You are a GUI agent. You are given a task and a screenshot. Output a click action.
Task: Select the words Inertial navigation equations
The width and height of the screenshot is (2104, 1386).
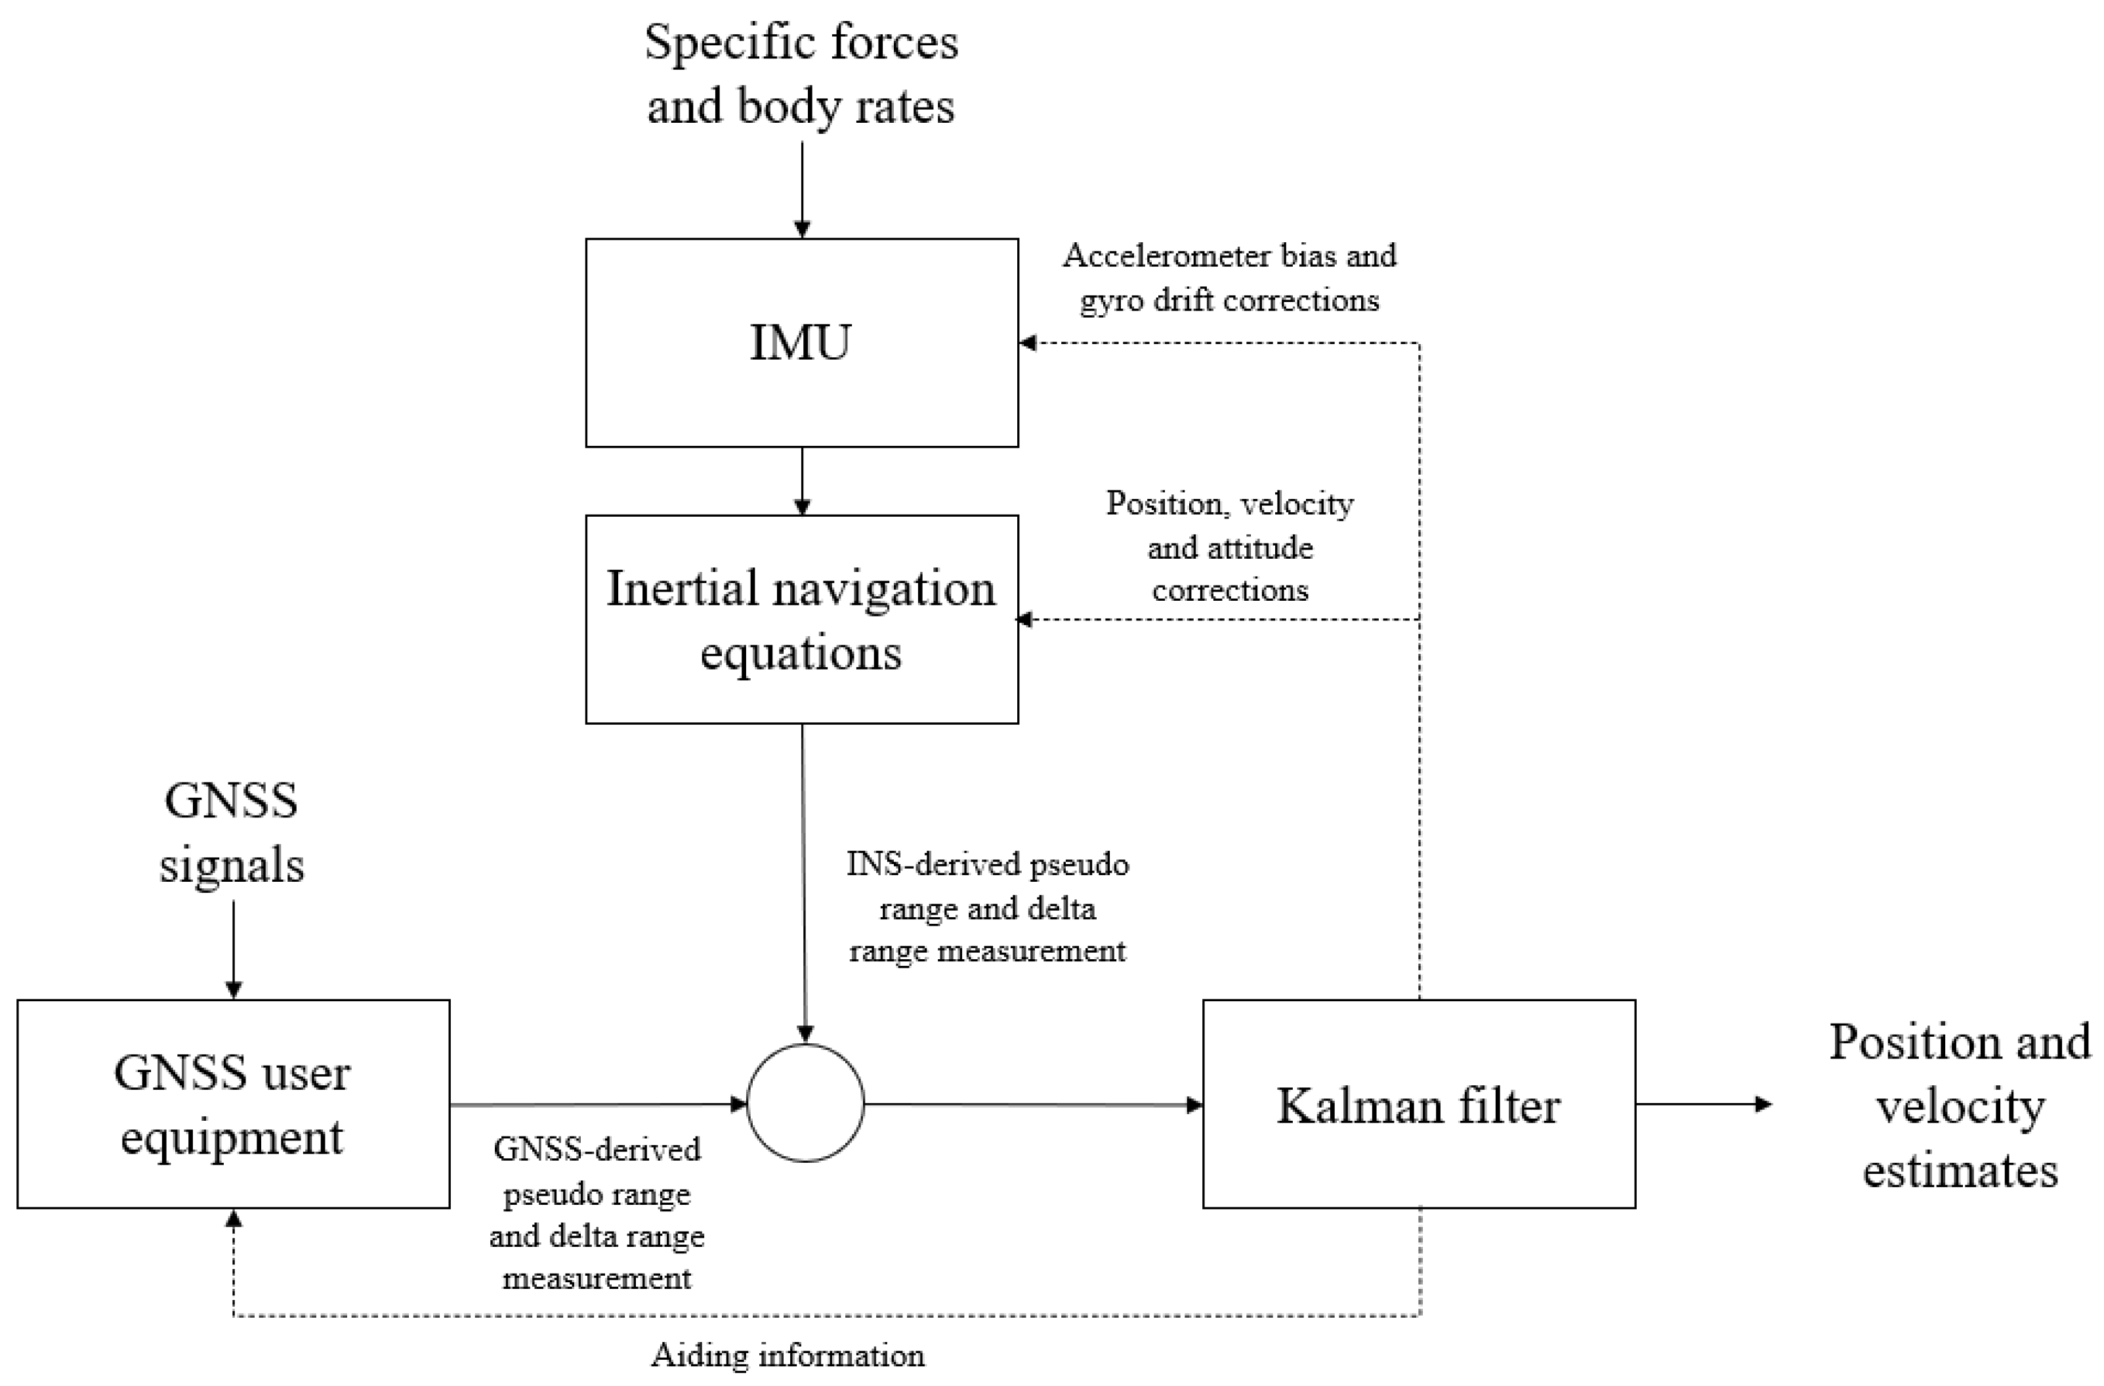click(800, 620)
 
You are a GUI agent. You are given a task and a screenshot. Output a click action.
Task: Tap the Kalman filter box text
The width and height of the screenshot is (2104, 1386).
click(1418, 1106)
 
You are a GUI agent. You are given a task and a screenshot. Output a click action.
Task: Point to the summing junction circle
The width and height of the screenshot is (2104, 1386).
click(805, 1103)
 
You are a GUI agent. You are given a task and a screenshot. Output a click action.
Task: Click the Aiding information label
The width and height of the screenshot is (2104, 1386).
click(788, 1354)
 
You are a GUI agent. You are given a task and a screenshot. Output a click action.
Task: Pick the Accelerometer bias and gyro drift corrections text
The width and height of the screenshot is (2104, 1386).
click(1229, 278)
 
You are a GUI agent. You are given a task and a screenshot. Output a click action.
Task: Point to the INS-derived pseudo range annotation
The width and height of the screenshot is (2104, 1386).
click(988, 907)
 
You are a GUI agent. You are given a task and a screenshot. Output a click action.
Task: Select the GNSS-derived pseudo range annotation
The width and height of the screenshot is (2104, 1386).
click(597, 1213)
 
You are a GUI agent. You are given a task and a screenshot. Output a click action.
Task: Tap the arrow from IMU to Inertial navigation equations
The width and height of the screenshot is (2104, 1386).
click(802, 481)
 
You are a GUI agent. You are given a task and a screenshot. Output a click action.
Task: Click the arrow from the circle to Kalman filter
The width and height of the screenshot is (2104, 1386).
click(1032, 1104)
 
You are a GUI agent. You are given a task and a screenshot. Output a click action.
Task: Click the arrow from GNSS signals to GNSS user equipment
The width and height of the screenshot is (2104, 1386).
click(234, 950)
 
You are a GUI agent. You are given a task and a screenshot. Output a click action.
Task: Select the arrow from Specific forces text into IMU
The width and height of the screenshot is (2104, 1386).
click(802, 190)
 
